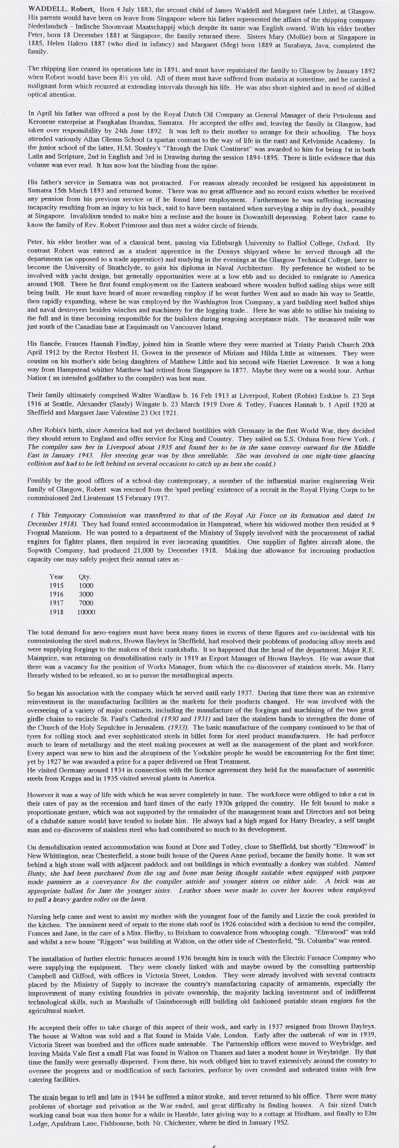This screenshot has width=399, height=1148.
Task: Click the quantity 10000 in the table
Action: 86,612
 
